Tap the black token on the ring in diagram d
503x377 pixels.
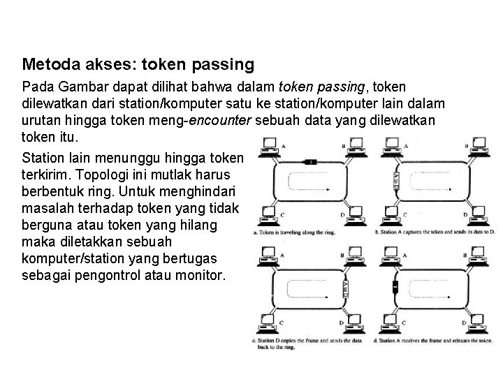pos(396,287)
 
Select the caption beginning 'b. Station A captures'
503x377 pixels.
pos(434,230)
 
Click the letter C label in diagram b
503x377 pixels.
pos(405,214)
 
